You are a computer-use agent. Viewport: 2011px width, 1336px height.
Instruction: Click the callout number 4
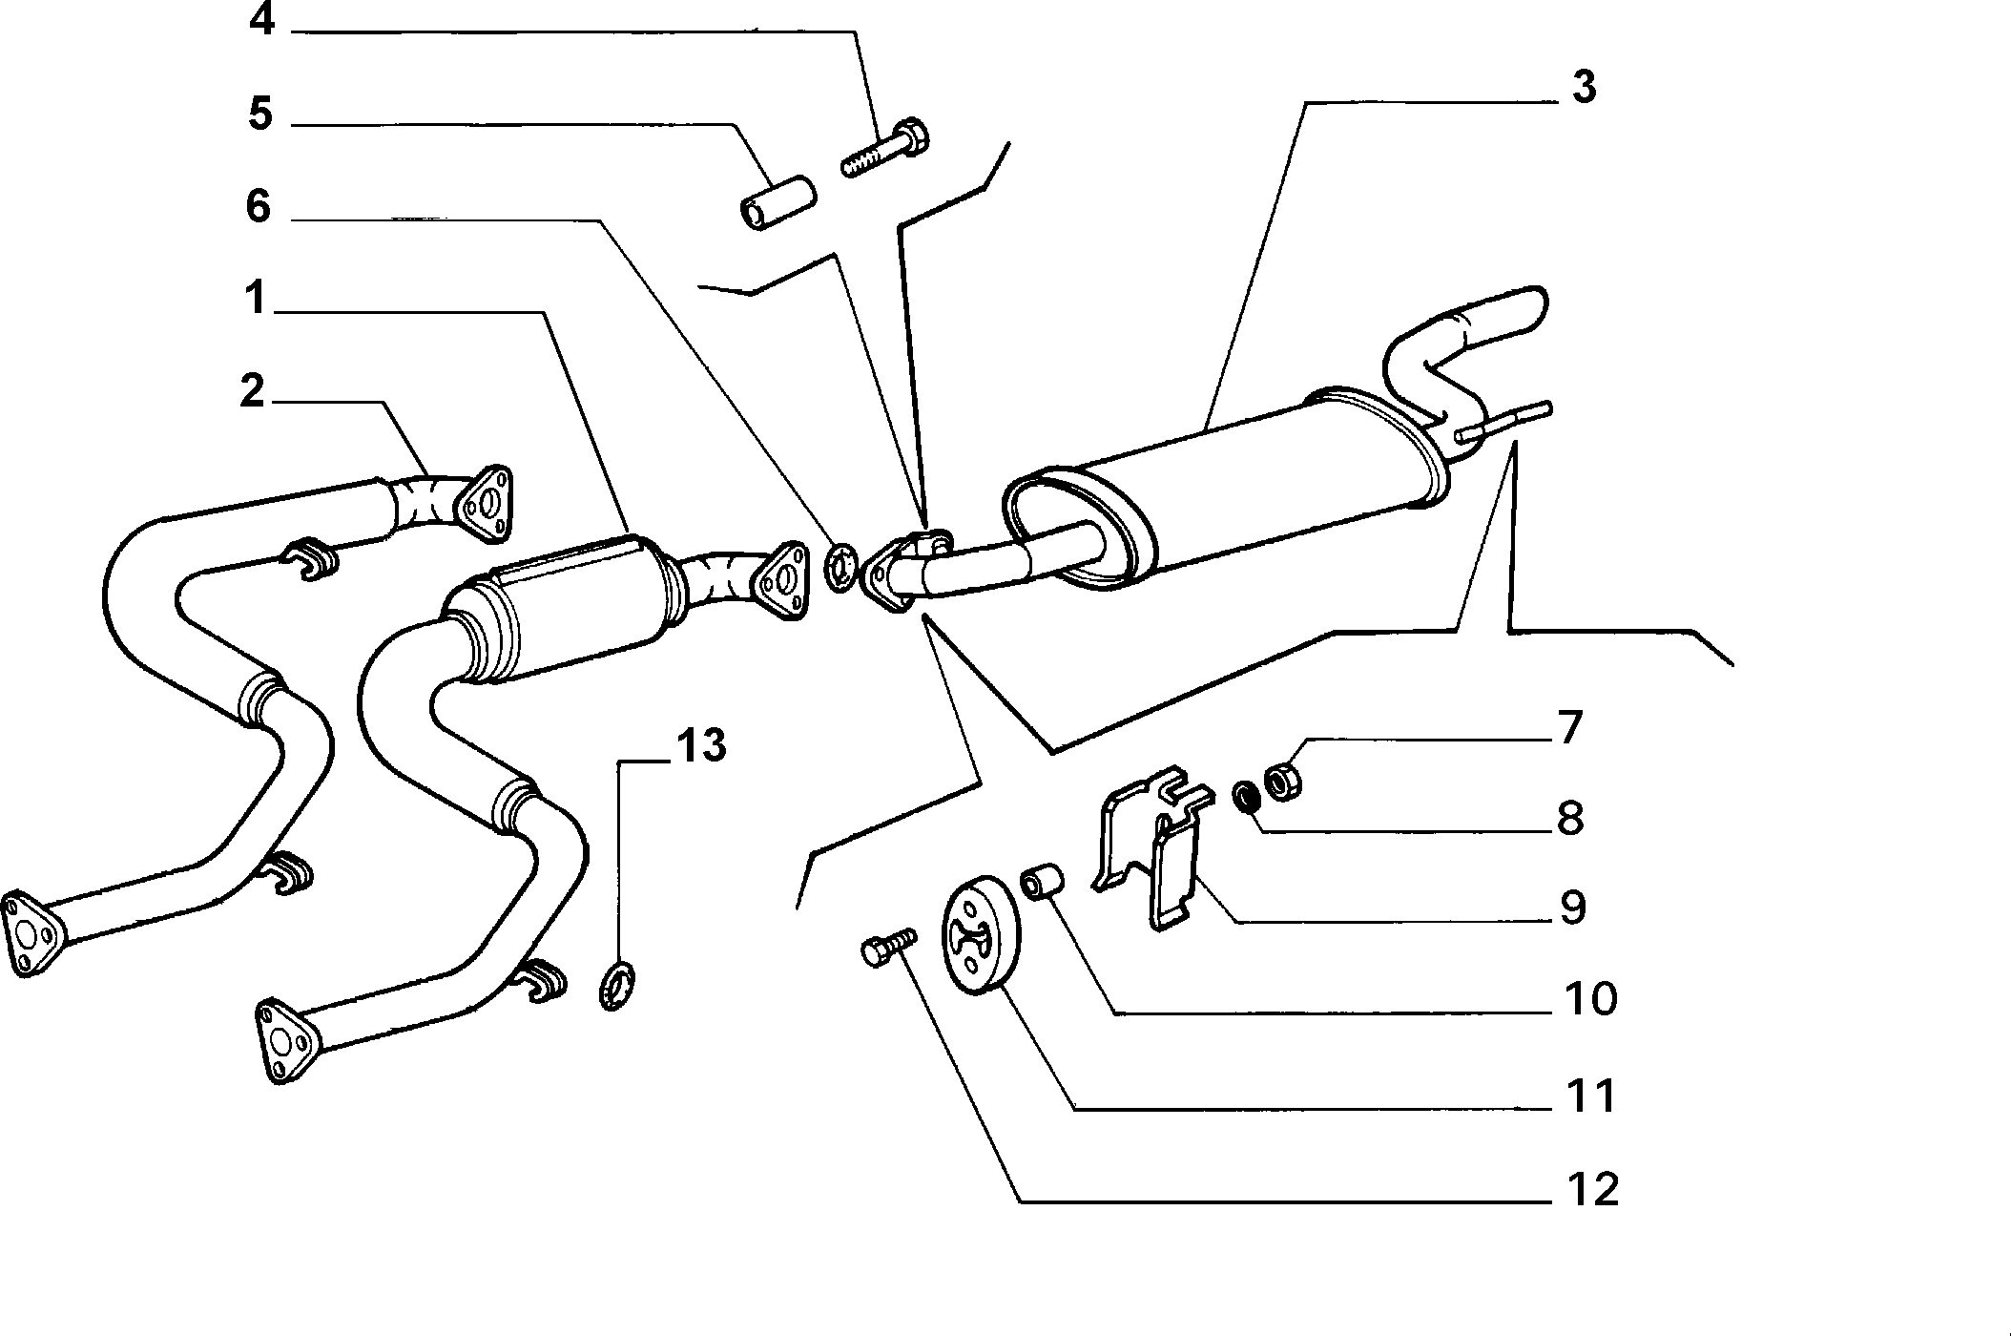[262, 19]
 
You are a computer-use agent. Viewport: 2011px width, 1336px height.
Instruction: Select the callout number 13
[701, 745]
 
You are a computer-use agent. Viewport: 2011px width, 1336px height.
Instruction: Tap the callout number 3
[1583, 87]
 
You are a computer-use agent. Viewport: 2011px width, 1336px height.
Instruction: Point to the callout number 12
[1590, 1190]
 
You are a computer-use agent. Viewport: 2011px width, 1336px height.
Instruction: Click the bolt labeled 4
[884, 151]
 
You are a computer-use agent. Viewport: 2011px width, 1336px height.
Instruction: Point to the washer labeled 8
[1243, 795]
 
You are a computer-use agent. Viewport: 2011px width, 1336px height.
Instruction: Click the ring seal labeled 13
[617, 986]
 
